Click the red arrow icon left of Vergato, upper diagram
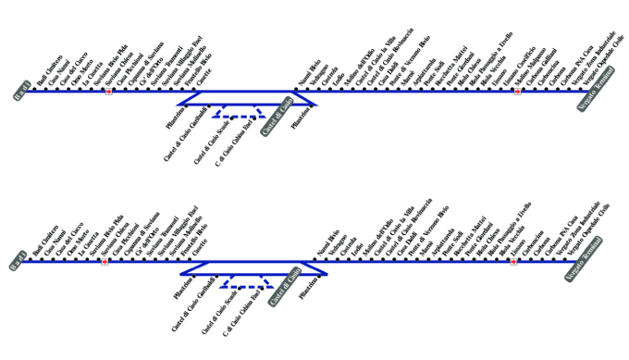click(x=518, y=92)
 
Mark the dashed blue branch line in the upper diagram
click(x=237, y=115)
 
